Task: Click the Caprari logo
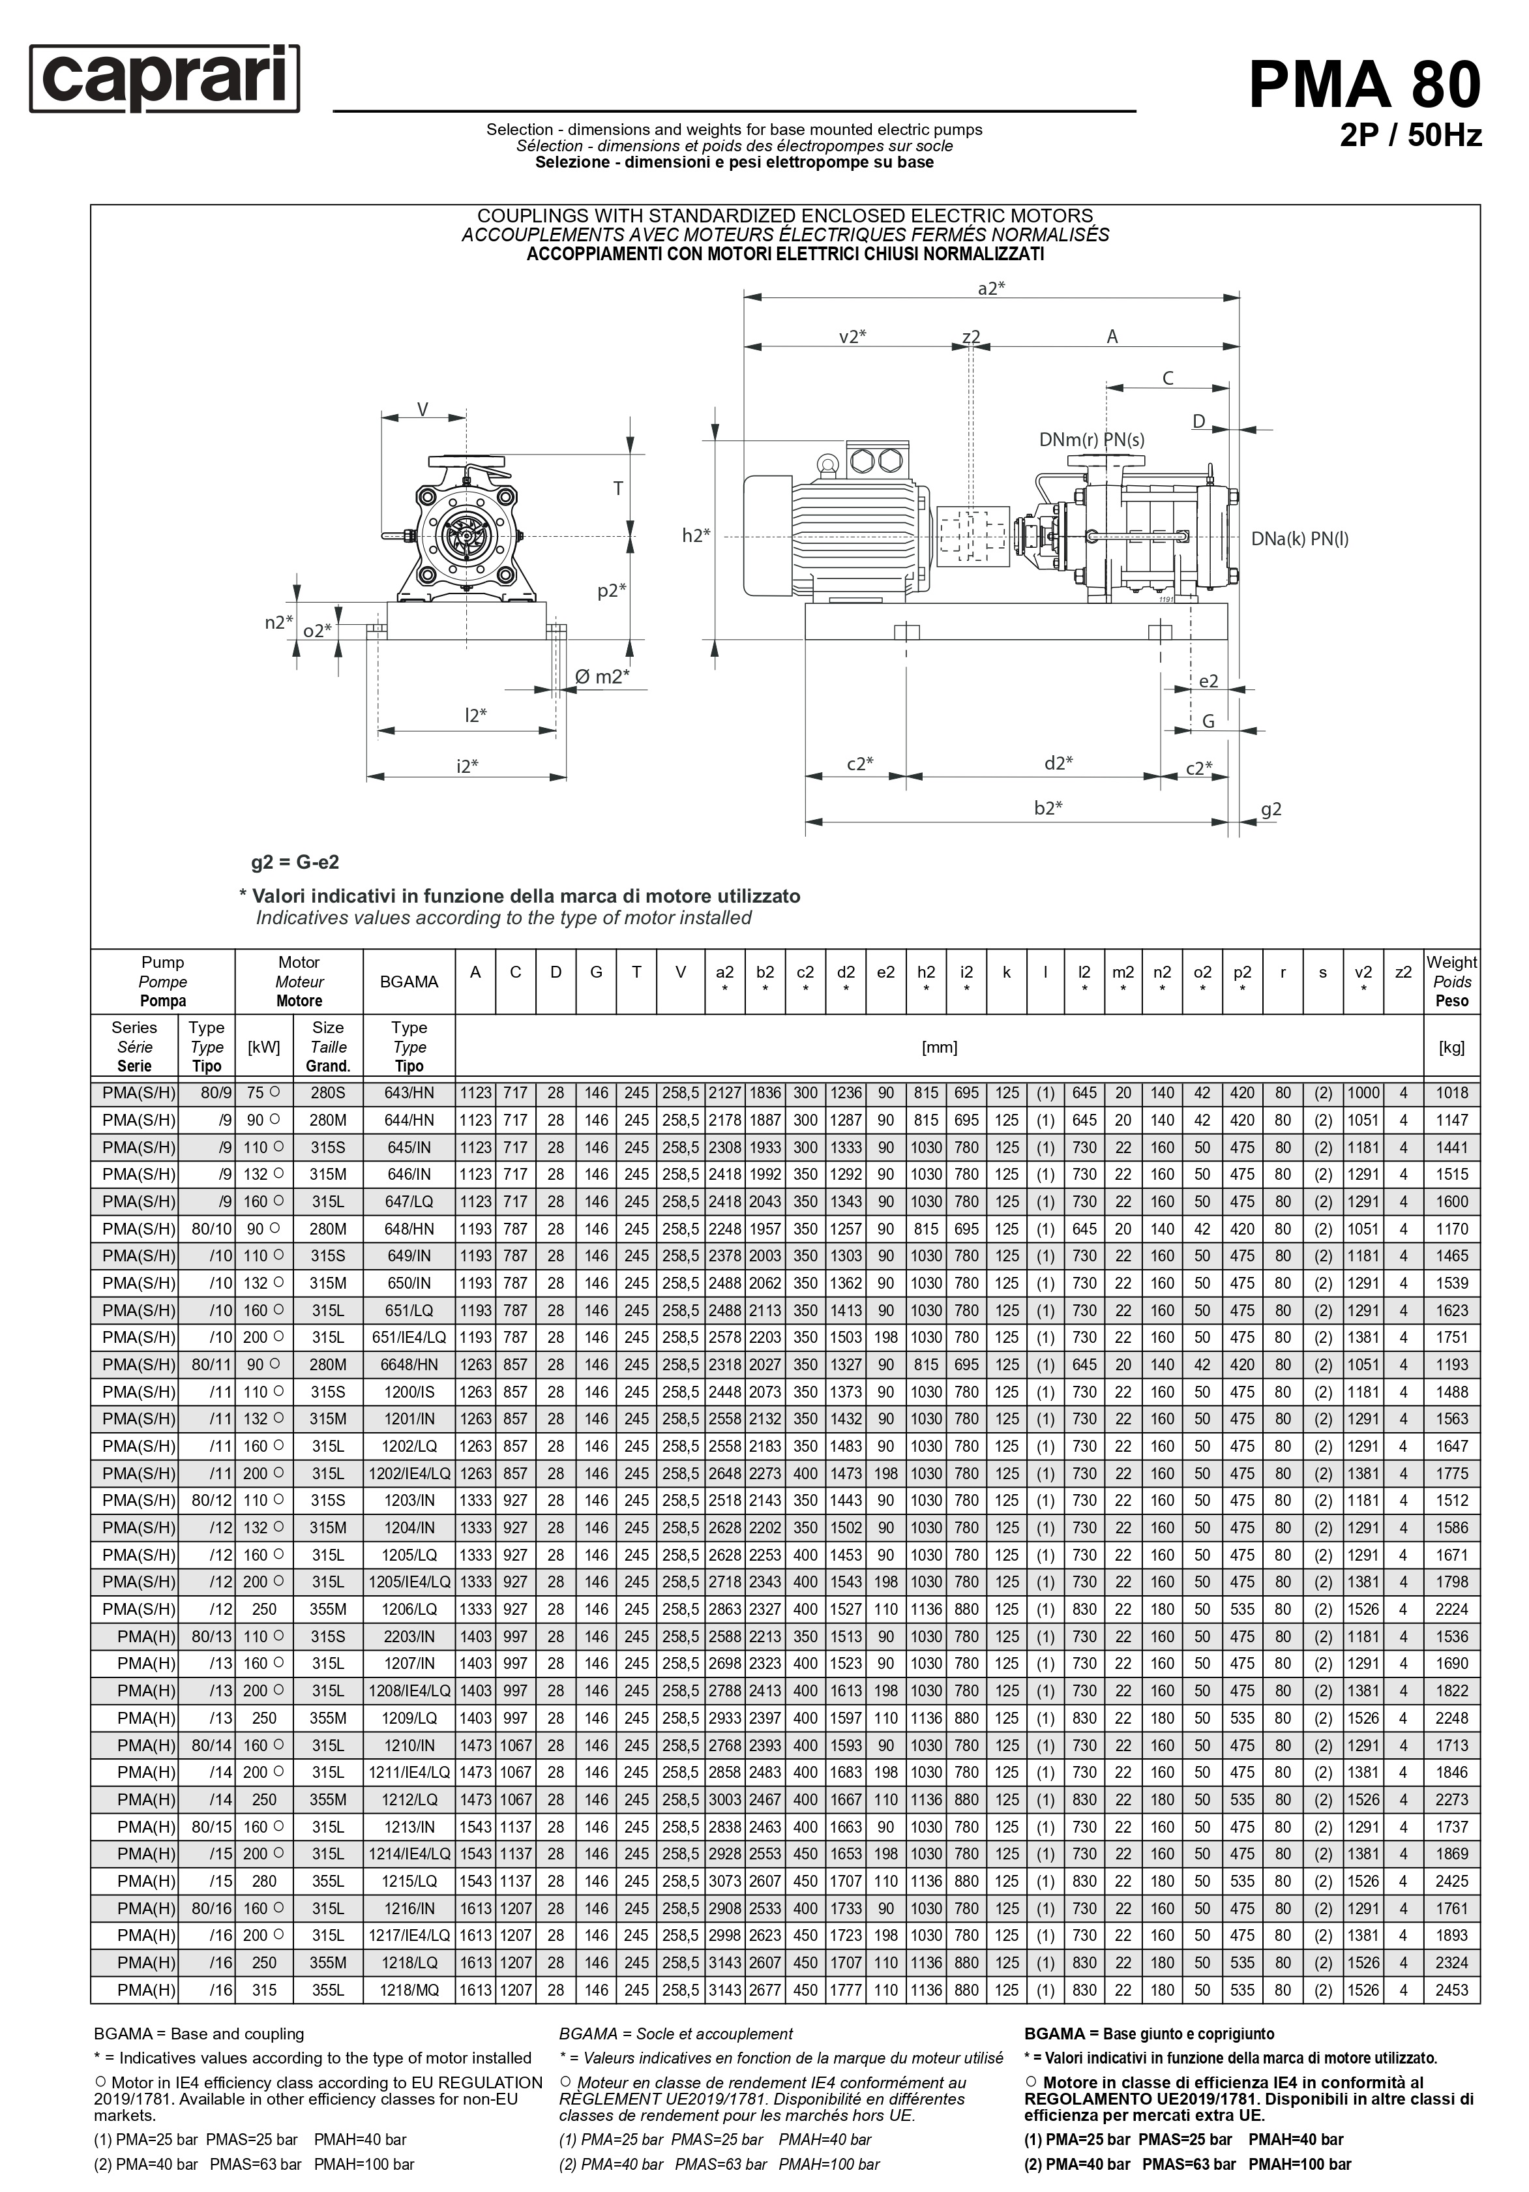pos(164,78)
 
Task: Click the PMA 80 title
pos(1364,84)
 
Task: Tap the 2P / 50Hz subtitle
pos(1410,136)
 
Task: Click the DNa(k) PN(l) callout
pos(1299,539)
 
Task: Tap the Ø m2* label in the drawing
pos(601,677)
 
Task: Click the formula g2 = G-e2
pos(295,862)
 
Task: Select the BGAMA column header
pos(409,982)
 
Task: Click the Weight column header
pos(1451,982)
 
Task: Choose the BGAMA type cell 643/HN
pos(409,1093)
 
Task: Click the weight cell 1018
pos(1451,1093)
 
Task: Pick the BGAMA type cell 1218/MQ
pos(409,1990)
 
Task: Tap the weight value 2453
pos(1451,1990)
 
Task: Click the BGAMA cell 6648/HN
pos(409,1365)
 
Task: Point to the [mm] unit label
pos(939,1047)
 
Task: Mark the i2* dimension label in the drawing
pos(467,766)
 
